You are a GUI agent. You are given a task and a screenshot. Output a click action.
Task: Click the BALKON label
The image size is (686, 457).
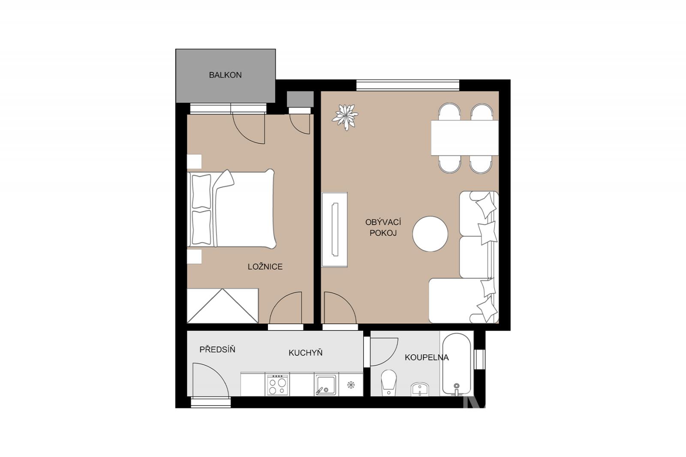coord(226,75)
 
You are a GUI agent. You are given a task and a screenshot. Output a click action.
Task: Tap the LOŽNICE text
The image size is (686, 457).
coord(265,267)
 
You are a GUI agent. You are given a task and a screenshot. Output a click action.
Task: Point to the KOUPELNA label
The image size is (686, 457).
coord(427,357)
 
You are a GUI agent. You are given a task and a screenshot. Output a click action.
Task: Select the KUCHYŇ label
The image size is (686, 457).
coord(305,352)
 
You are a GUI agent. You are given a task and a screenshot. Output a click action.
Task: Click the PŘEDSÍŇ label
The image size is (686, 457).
coord(217,349)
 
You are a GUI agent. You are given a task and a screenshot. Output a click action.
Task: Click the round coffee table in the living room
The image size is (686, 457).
coord(430,234)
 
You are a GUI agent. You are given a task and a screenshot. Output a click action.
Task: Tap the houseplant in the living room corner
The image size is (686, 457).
coord(346,117)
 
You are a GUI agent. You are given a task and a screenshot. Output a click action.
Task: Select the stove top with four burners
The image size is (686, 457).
coord(277,385)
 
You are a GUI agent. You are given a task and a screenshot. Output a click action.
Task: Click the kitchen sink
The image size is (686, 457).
coord(326,385)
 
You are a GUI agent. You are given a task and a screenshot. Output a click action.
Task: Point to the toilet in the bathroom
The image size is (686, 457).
coord(389,383)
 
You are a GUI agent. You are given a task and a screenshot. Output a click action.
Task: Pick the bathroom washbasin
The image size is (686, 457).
coord(420,389)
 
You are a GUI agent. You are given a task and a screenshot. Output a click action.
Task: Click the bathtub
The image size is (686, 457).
coord(457,364)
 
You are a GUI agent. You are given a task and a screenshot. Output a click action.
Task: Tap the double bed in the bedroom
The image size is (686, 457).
coord(232,209)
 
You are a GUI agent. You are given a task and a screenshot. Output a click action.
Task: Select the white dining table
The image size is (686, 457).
coord(465,138)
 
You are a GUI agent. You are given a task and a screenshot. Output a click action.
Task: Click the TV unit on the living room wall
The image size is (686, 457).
coord(334,230)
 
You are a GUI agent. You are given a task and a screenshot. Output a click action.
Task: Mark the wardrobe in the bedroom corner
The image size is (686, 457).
coord(223,306)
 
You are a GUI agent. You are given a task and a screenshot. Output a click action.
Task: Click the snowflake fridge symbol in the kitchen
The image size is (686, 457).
coord(351,385)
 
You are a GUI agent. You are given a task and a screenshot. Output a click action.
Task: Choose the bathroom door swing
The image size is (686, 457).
coord(384,352)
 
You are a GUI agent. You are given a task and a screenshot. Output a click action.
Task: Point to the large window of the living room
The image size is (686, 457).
coord(408,85)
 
